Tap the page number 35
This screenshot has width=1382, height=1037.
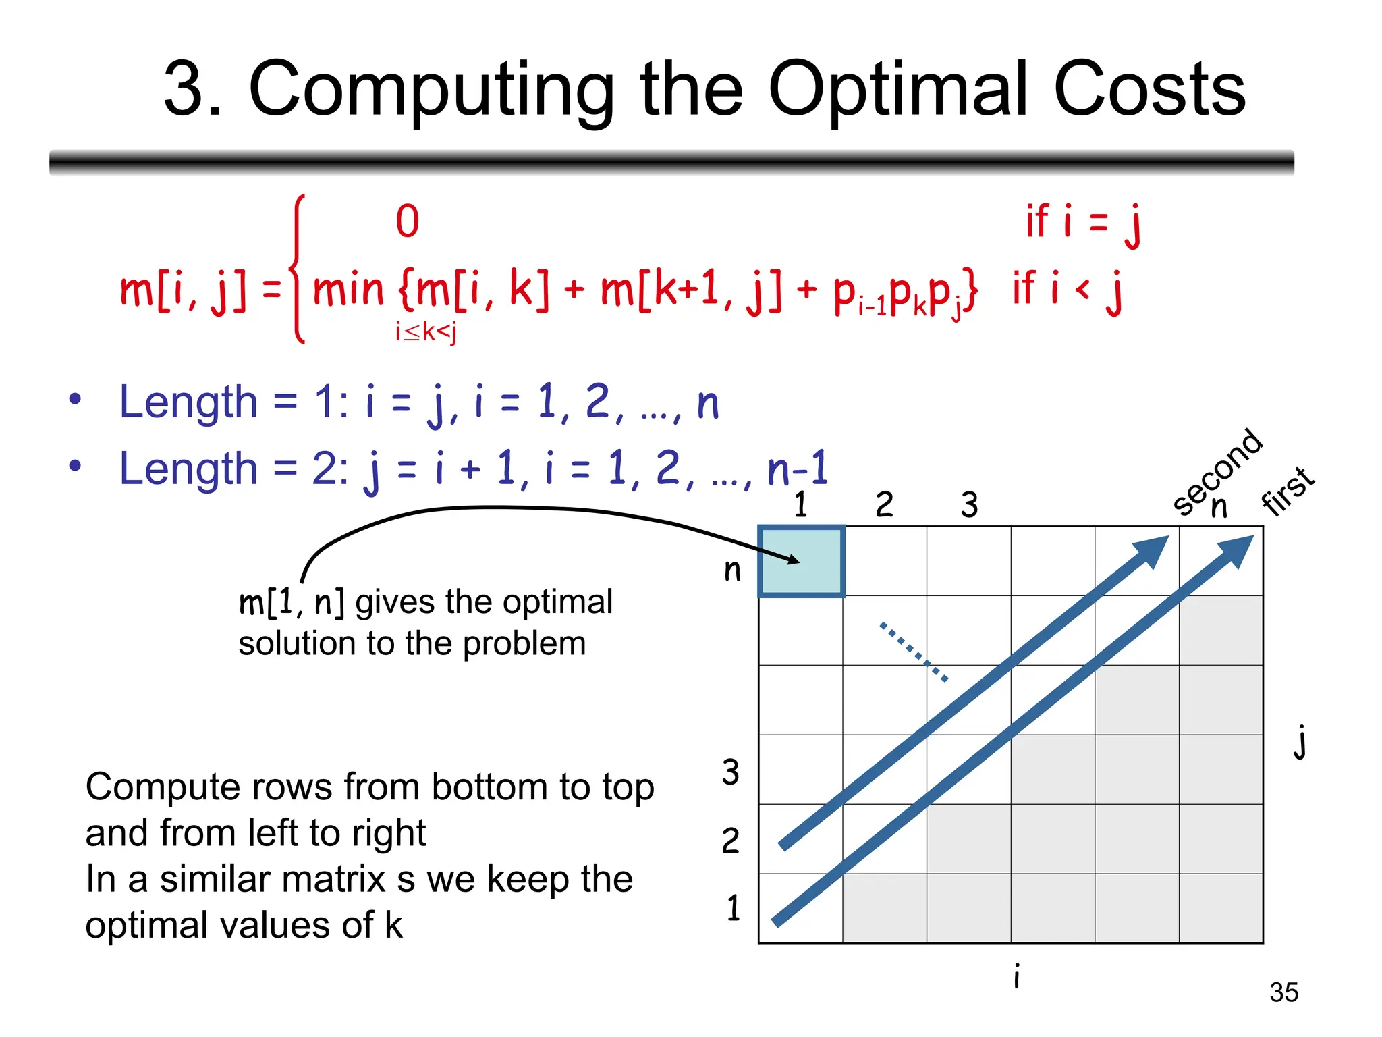(x=1283, y=992)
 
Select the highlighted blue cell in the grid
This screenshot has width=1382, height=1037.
(x=802, y=561)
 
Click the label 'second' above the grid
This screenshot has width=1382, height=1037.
(x=1217, y=472)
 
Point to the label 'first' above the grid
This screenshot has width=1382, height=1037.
(x=1288, y=491)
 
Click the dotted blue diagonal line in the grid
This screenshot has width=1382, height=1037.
(x=914, y=652)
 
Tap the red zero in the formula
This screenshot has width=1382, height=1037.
(x=408, y=221)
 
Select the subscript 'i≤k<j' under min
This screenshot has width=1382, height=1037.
(x=426, y=332)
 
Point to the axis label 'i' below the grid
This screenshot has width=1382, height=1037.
(x=1017, y=976)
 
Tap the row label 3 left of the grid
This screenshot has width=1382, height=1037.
(x=731, y=772)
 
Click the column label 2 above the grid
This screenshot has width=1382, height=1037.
(x=884, y=505)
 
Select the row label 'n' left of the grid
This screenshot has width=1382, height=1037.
(x=732, y=570)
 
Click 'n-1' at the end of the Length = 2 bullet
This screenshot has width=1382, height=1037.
(x=798, y=469)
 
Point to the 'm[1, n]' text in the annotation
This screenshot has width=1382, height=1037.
(x=292, y=602)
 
